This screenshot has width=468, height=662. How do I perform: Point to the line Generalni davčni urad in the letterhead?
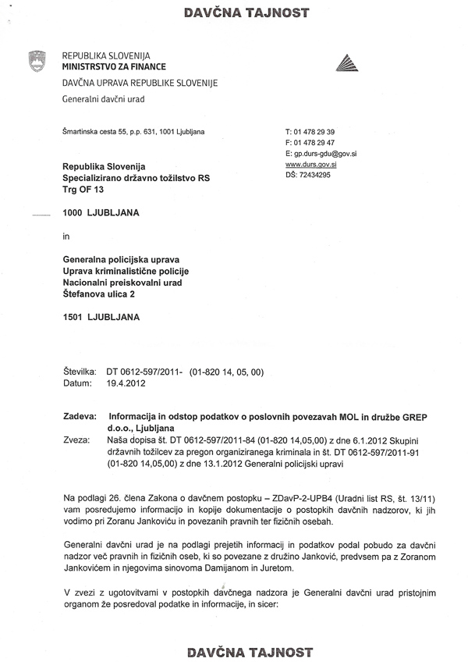pyautogui.click(x=103, y=99)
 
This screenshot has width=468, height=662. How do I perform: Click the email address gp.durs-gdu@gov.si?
pyautogui.click(x=325, y=154)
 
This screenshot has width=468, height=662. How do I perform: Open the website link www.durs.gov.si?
pyautogui.click(x=311, y=165)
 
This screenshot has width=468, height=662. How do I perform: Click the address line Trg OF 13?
pyautogui.click(x=83, y=190)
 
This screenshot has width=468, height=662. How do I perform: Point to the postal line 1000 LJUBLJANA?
pyautogui.click(x=101, y=212)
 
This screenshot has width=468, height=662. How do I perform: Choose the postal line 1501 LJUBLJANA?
pyautogui.click(x=101, y=317)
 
